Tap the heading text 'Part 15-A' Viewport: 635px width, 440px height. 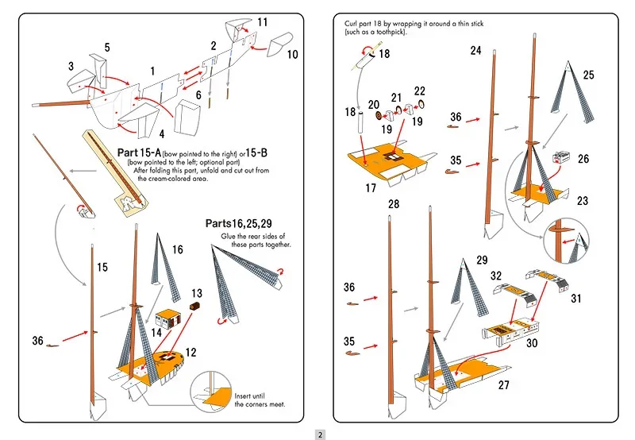[139, 152]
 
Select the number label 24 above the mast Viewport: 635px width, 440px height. [475, 50]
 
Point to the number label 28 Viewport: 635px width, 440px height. [394, 204]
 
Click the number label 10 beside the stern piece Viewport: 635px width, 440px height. [292, 55]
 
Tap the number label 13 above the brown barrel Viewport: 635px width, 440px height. [196, 293]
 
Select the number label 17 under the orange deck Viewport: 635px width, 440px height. [370, 189]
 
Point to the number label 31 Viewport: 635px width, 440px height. [576, 299]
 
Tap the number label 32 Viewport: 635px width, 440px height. [496, 276]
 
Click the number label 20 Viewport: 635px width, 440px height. [373, 105]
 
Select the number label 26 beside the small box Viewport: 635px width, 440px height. [583, 159]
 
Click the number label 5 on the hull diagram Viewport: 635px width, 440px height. [107, 48]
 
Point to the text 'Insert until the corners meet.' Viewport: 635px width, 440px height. [259, 399]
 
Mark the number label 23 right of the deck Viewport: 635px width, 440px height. [583, 201]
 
